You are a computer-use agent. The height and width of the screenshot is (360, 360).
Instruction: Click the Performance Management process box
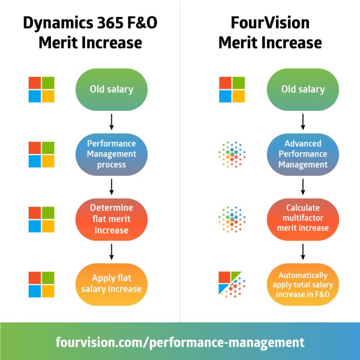coord(112,154)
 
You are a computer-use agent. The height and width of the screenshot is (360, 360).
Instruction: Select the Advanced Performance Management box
coord(303,154)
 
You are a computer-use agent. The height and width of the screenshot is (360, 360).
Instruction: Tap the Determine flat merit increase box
coord(112,219)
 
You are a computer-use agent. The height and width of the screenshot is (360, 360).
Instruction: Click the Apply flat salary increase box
coord(112,284)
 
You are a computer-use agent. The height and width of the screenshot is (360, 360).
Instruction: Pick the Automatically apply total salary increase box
coord(303,284)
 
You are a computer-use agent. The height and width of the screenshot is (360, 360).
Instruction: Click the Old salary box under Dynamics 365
coord(112,89)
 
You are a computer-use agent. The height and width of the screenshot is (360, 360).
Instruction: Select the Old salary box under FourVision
coord(303,89)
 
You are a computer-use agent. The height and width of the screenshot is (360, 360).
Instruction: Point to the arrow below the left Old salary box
coord(112,122)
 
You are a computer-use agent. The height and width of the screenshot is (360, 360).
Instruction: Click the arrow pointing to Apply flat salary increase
coord(112,252)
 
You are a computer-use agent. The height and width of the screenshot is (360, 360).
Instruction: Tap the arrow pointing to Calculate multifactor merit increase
coord(303,187)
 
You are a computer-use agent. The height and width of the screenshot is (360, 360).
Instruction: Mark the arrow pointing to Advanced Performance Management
coord(303,122)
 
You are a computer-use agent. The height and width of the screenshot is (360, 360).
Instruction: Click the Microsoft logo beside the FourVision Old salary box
coord(232,90)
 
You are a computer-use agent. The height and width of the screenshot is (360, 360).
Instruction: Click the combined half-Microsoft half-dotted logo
coord(232,284)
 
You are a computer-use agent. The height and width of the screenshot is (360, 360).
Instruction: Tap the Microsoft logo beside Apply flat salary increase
coord(41,284)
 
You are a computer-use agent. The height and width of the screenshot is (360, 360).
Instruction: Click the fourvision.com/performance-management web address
coord(180,342)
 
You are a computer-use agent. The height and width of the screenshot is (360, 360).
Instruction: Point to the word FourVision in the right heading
coord(270,23)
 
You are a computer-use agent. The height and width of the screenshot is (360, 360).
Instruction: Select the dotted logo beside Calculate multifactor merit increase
coord(232,219)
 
